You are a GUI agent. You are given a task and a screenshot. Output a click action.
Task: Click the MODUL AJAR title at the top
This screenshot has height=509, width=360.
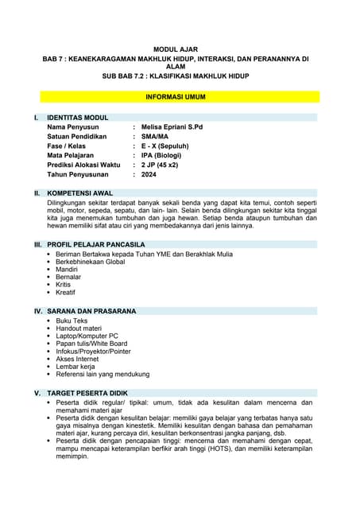tap(180, 49)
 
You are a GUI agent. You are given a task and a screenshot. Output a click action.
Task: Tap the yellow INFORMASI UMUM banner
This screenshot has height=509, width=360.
tap(180, 96)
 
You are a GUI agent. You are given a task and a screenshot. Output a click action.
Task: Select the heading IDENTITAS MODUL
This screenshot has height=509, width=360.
tap(78, 118)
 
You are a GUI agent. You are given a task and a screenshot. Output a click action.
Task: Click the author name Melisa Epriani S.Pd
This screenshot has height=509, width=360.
tap(172, 127)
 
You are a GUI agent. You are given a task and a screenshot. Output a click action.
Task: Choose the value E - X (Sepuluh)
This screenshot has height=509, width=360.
tap(168, 146)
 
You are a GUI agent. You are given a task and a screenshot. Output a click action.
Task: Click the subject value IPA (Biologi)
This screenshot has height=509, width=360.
tap(165, 156)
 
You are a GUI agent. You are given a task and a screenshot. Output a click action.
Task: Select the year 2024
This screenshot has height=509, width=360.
tap(149, 174)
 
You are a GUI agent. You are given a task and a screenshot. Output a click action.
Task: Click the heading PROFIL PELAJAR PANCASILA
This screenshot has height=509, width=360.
tap(96, 244)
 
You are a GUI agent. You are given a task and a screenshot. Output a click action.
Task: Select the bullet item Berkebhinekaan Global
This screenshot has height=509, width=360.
tap(91, 262)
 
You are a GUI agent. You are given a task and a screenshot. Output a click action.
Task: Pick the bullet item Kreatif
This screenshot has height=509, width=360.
tap(67, 293)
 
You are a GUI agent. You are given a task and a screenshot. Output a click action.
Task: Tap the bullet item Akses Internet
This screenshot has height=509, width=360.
tap(82, 359)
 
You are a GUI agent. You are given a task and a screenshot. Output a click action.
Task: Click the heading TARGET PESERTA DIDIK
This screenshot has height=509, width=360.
tap(87, 394)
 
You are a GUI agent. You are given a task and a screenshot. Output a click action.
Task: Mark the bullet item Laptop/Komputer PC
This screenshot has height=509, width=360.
tap(87, 336)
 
